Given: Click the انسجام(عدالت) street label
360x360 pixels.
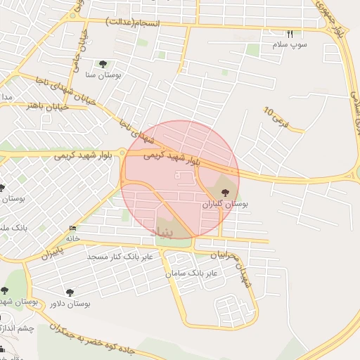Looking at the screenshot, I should pos(133,22).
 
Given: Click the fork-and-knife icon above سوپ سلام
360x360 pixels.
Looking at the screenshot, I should pos(289,34).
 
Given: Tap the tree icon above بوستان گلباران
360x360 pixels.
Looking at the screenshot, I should pos(225,193).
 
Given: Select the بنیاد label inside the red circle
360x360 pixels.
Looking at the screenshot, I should pos(171,230).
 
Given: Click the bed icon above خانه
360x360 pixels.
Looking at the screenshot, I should pos(72,229).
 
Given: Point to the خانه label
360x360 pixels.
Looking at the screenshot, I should pos(73,238).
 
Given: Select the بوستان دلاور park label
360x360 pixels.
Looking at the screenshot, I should pos(71,304).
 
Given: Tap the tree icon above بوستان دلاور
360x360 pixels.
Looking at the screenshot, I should pos(70,292).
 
